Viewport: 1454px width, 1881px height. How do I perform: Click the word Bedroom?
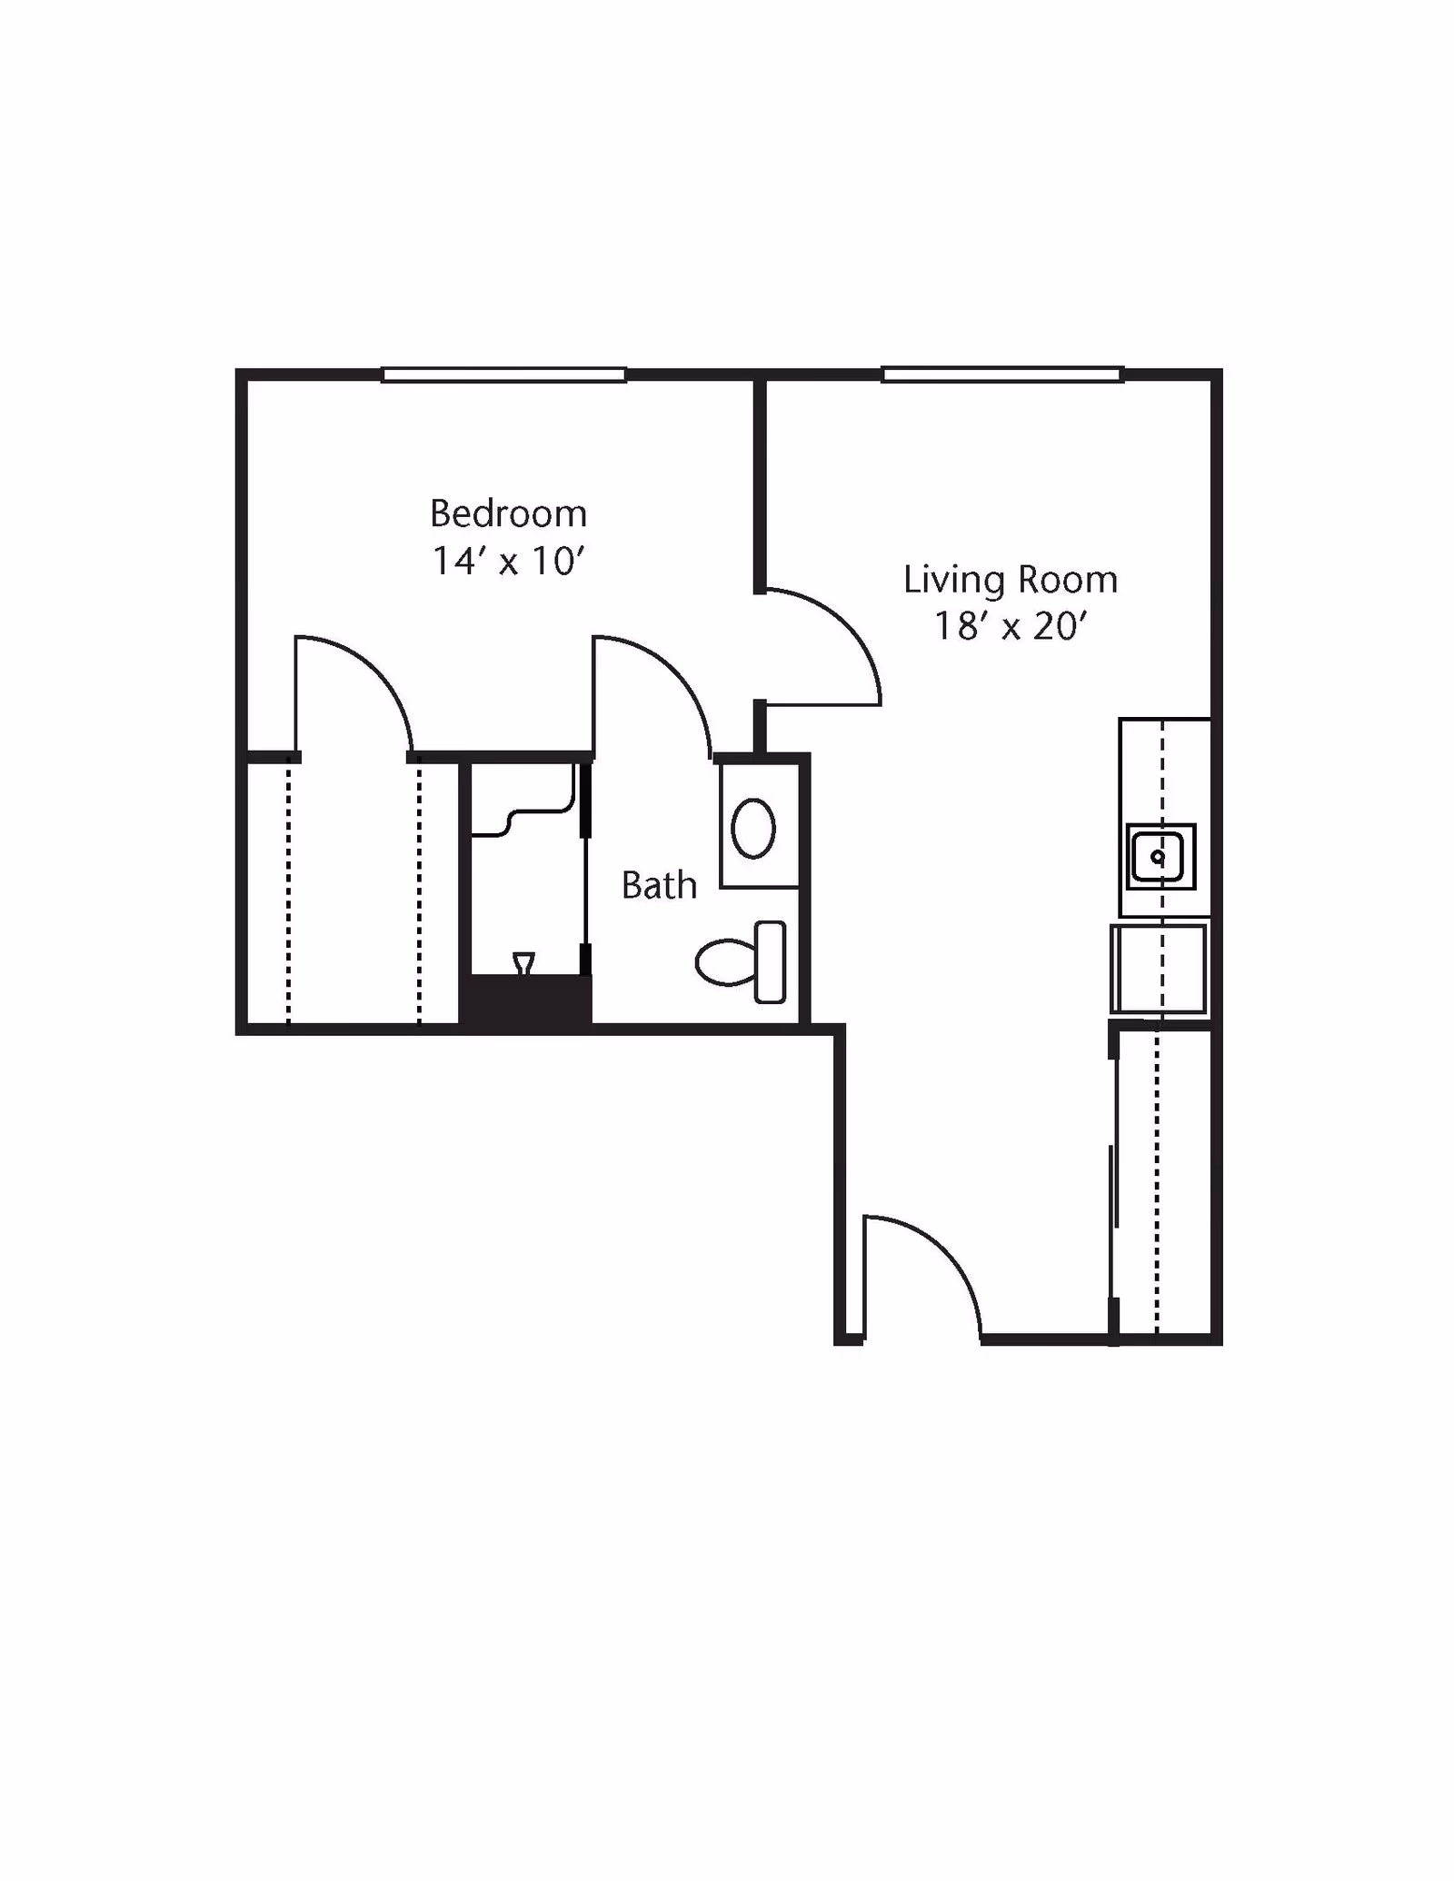coord(508,513)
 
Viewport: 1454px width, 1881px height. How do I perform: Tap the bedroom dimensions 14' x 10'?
coord(507,561)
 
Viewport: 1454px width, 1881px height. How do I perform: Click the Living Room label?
coord(1010,580)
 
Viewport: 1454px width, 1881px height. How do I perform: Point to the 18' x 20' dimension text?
coord(1011,626)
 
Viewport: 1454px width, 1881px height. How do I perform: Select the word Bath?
coord(659,885)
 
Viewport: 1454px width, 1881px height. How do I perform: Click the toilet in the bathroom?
coord(741,962)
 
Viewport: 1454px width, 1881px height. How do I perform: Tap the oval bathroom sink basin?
coord(753,828)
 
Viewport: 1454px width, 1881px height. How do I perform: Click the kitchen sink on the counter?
coord(1160,857)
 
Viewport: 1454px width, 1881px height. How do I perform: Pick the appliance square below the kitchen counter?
coord(1159,969)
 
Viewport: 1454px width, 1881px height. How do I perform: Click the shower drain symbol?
coord(523,963)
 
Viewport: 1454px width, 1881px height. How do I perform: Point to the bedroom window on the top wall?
coord(503,374)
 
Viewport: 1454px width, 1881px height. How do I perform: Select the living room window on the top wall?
coord(1003,374)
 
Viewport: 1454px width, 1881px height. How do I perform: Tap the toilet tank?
coord(771,962)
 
